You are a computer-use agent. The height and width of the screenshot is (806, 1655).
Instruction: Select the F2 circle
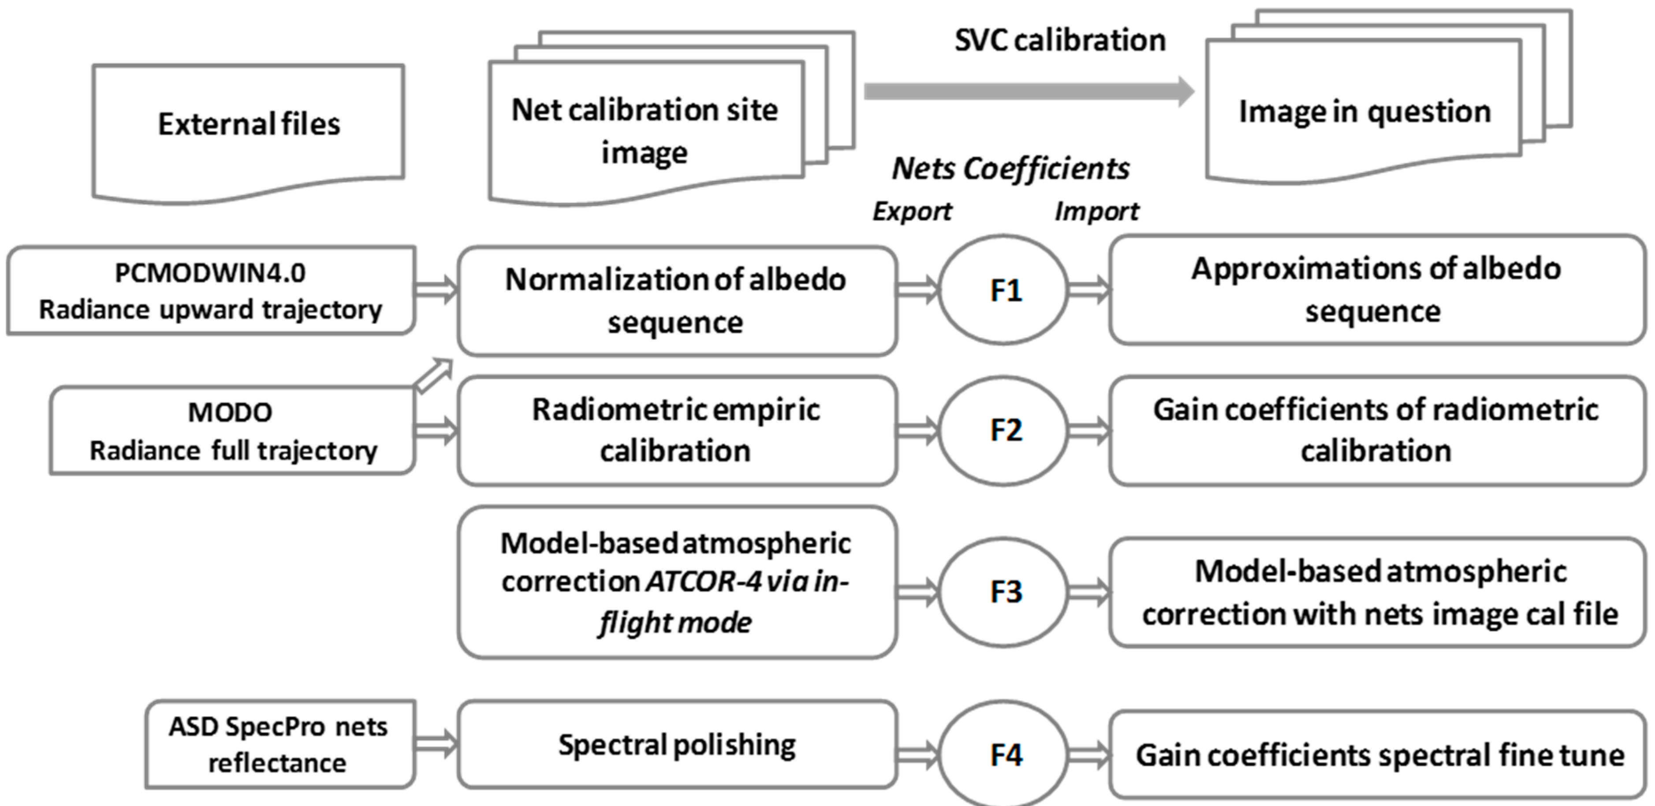click(1004, 430)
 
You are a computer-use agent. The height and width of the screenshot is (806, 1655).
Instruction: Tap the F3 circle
click(1004, 591)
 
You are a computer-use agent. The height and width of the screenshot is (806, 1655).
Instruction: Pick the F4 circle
click(1004, 754)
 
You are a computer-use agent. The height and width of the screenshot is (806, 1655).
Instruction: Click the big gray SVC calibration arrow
click(1028, 92)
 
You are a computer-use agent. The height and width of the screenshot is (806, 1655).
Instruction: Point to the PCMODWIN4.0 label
click(210, 273)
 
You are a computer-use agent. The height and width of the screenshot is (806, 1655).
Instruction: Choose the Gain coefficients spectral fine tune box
click(1378, 754)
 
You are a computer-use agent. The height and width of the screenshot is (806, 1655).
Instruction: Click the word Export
click(912, 211)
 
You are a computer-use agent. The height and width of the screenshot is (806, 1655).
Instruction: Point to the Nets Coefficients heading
click(1010, 169)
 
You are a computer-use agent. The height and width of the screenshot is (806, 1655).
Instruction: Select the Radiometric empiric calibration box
click(677, 430)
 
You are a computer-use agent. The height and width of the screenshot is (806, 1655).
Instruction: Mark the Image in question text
click(1364, 112)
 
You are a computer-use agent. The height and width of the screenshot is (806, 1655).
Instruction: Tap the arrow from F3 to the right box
click(1088, 591)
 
